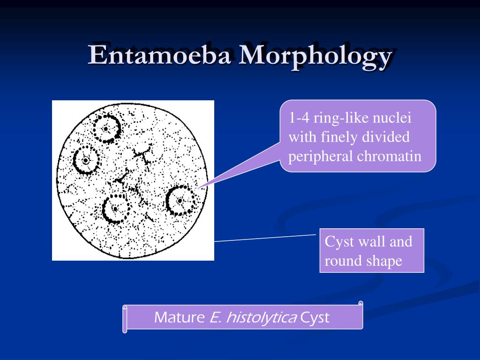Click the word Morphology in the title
(314, 56)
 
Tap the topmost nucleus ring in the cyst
(107, 128)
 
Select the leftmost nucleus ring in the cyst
(85, 160)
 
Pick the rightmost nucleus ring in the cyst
(180, 200)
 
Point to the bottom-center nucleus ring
(115, 209)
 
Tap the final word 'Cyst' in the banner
(315, 318)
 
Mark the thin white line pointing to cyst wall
(265, 238)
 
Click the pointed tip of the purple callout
(199, 188)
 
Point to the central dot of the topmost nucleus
(106, 128)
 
